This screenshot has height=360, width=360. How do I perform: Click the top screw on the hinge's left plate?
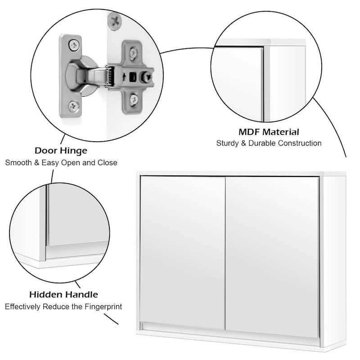[x=73, y=45]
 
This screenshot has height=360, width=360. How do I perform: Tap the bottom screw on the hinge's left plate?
[x=73, y=107]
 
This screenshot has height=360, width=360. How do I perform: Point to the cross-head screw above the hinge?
[x=114, y=20]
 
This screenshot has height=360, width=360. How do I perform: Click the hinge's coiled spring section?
[x=108, y=76]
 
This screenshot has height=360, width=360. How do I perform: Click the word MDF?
[x=250, y=132]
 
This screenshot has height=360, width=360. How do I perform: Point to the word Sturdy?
[x=228, y=144]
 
